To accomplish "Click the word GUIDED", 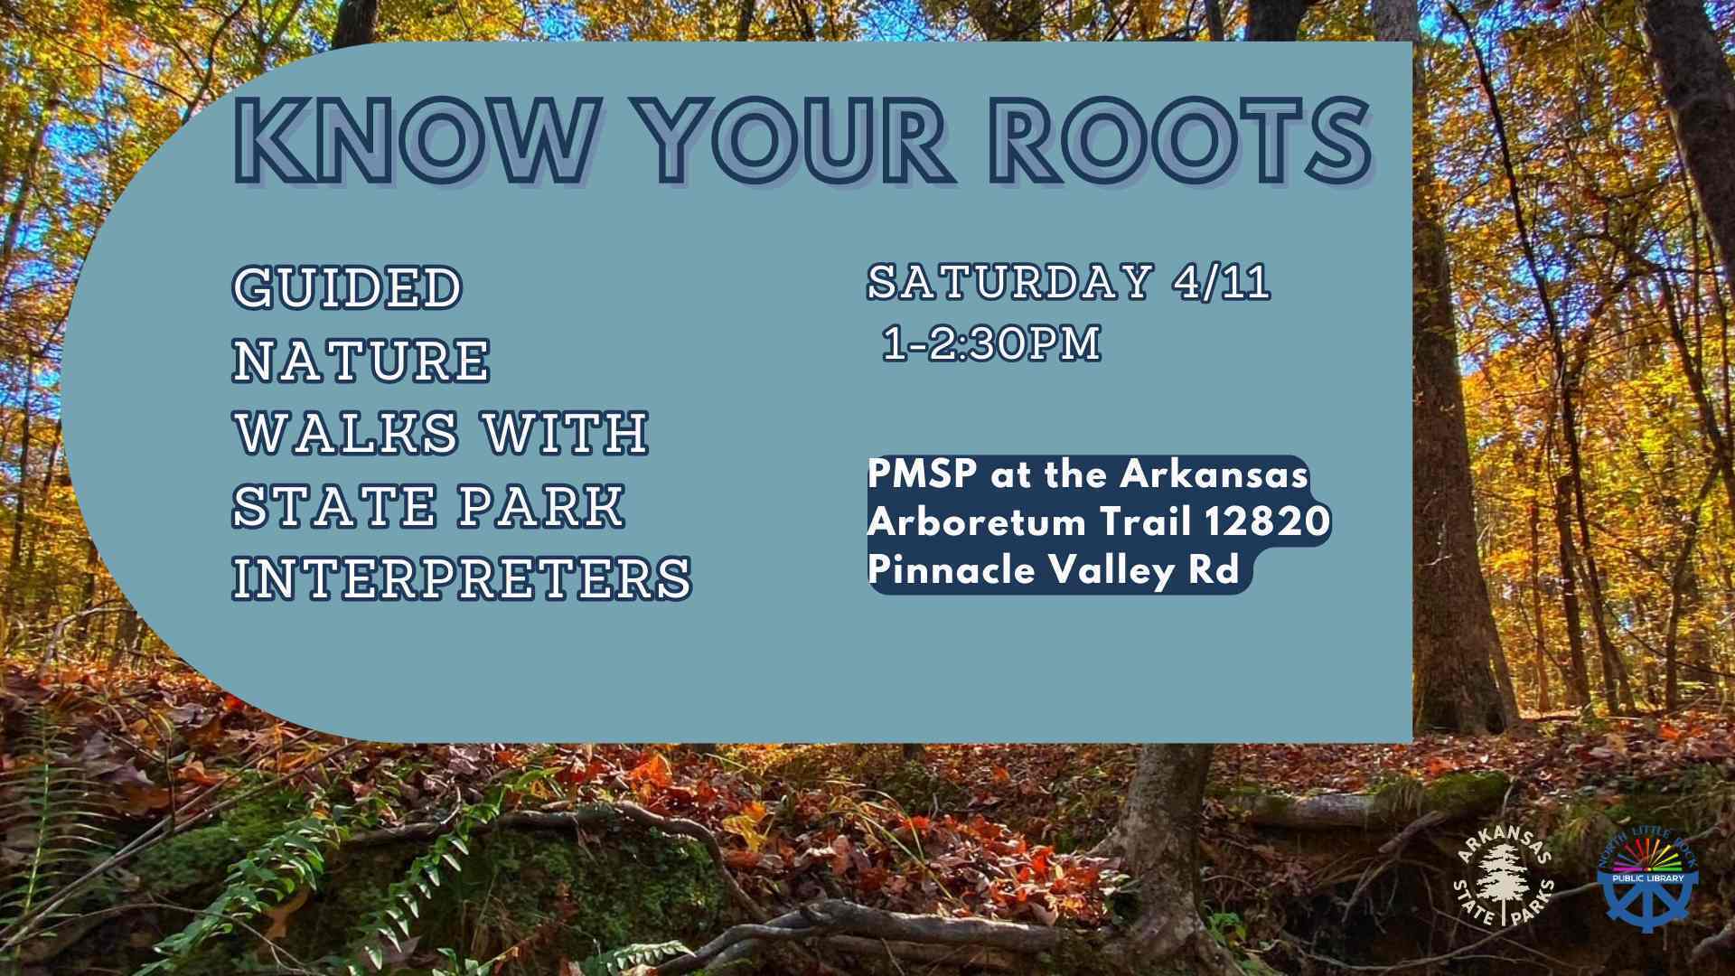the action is tap(348, 287).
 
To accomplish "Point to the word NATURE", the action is tap(361, 360).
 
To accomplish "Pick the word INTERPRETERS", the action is tap(463, 577).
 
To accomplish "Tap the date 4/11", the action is tap(1222, 282).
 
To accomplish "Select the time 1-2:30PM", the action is tap(992, 344).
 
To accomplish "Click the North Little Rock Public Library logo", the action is tap(1649, 877).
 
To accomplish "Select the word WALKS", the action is tap(347, 432).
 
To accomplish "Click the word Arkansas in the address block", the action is tap(1215, 474).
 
